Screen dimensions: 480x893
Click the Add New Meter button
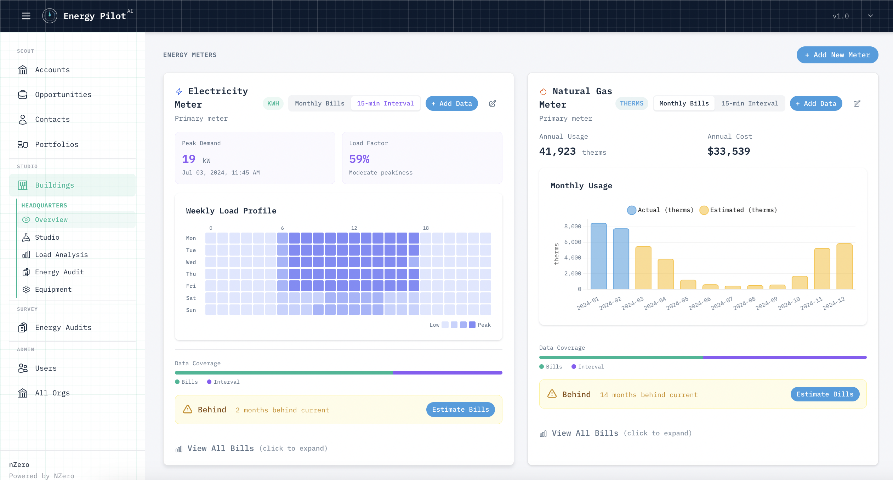click(x=837, y=55)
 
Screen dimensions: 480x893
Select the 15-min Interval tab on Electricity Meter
click(x=385, y=103)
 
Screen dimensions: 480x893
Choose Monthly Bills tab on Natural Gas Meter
click(x=684, y=103)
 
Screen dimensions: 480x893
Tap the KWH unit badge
click(x=273, y=103)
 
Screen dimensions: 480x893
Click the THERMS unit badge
click(x=631, y=103)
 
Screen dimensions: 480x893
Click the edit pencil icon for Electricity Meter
click(x=492, y=103)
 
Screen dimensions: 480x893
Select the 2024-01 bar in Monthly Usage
click(x=598, y=256)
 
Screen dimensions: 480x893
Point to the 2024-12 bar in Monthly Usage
click(x=844, y=266)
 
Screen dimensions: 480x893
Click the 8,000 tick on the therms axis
click(x=572, y=227)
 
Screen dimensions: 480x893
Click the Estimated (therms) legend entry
click(x=738, y=210)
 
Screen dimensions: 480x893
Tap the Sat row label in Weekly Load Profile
click(x=191, y=298)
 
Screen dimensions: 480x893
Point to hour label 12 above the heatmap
click(x=354, y=228)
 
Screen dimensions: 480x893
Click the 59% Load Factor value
click(x=359, y=159)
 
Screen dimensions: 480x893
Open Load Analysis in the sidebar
click(x=61, y=255)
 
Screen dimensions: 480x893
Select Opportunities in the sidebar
click(x=63, y=95)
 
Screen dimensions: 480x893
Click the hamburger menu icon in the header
click(x=26, y=16)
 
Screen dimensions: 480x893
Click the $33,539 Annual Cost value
click(x=728, y=152)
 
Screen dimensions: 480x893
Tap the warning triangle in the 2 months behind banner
click(x=187, y=410)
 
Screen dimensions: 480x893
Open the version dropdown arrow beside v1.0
click(x=870, y=16)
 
